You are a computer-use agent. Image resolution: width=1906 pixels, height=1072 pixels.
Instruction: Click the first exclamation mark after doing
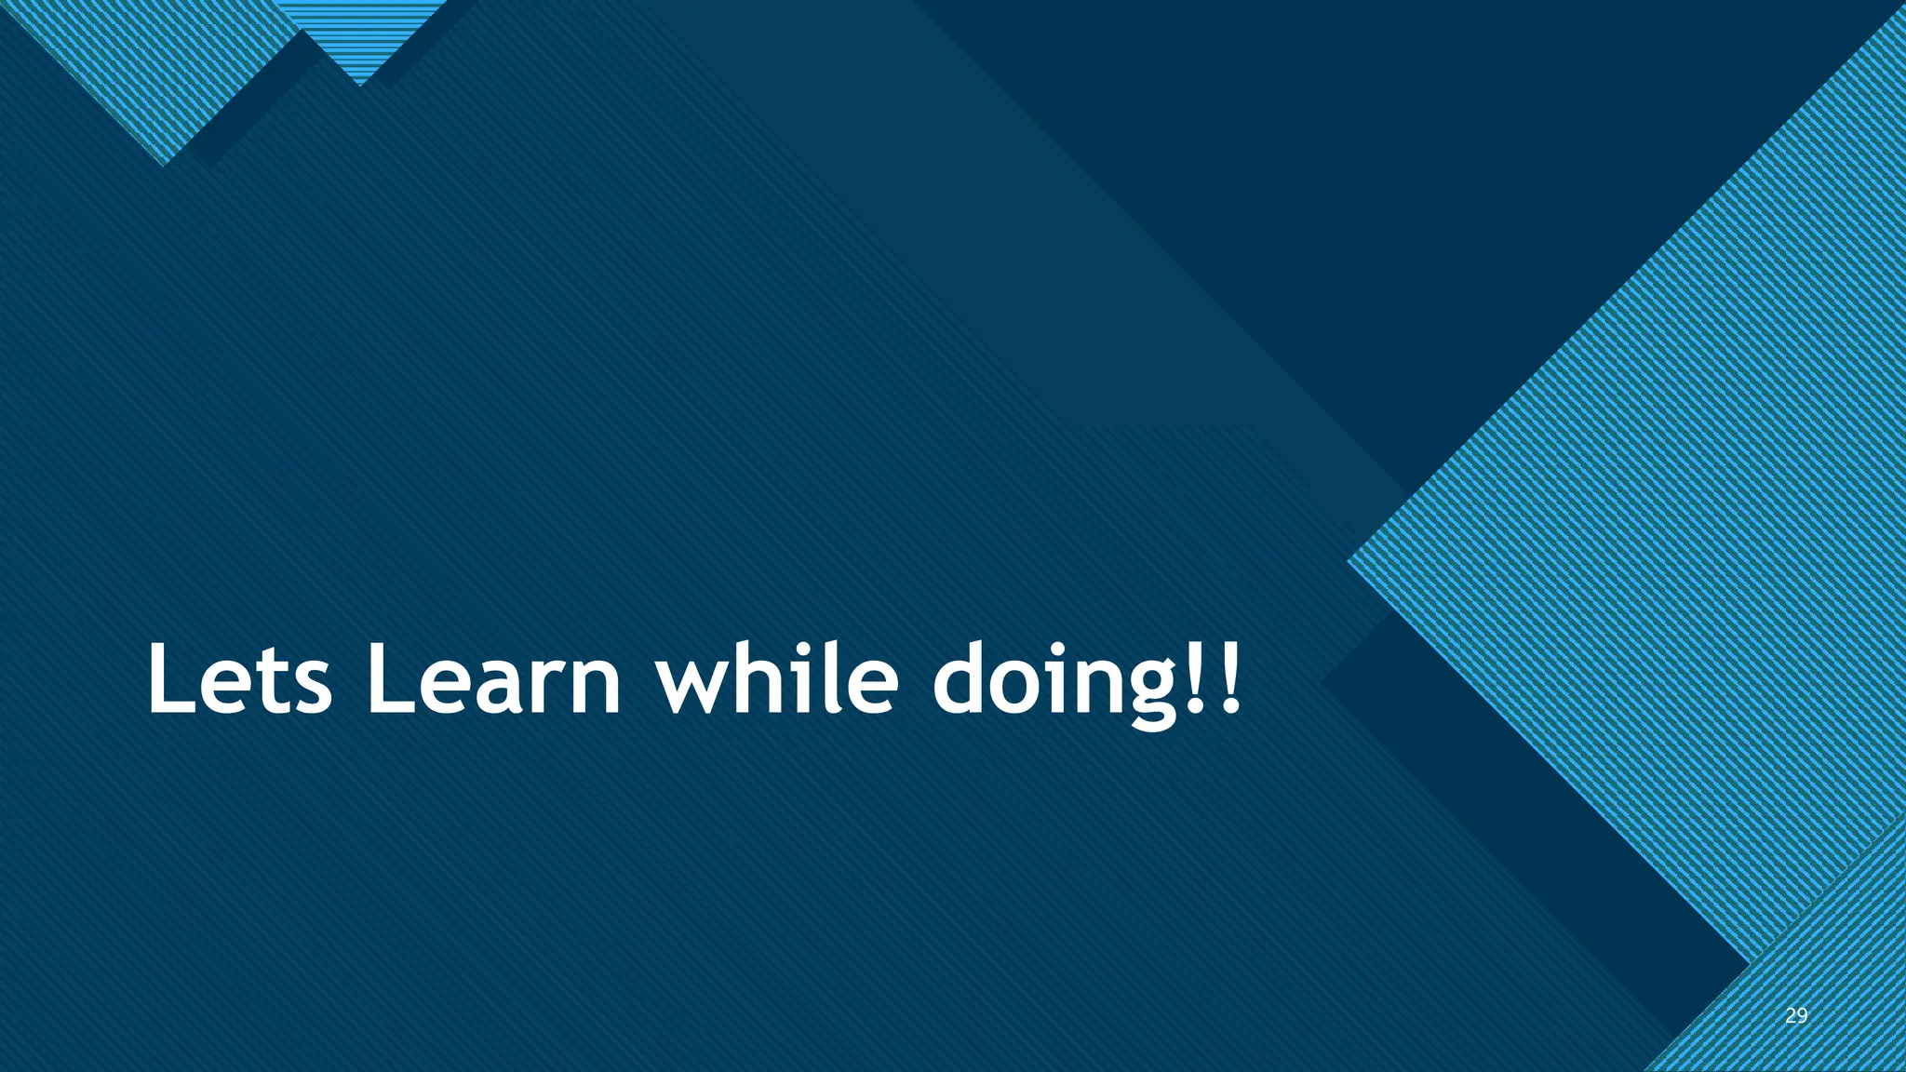pos(1198,677)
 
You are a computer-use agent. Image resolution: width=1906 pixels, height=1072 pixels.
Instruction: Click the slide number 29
pos(1796,1015)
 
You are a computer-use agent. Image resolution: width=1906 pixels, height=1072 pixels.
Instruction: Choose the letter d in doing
pos(962,679)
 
